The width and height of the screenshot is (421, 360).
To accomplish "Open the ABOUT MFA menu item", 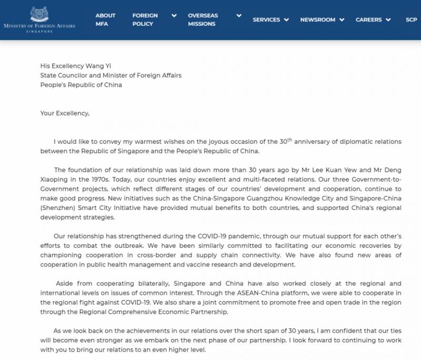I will (x=105, y=19).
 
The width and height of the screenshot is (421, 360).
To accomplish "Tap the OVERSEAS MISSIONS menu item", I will (x=203, y=19).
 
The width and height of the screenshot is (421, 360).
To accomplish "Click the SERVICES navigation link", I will (x=266, y=19).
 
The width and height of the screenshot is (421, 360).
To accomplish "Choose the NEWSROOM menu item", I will (x=317, y=19).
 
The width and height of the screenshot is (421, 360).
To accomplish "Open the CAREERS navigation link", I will (x=368, y=19).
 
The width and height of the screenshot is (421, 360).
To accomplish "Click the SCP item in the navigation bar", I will (x=411, y=19).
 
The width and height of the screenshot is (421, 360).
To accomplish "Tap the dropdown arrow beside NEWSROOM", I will (x=342, y=20).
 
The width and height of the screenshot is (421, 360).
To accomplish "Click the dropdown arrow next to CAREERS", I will (x=388, y=20).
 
